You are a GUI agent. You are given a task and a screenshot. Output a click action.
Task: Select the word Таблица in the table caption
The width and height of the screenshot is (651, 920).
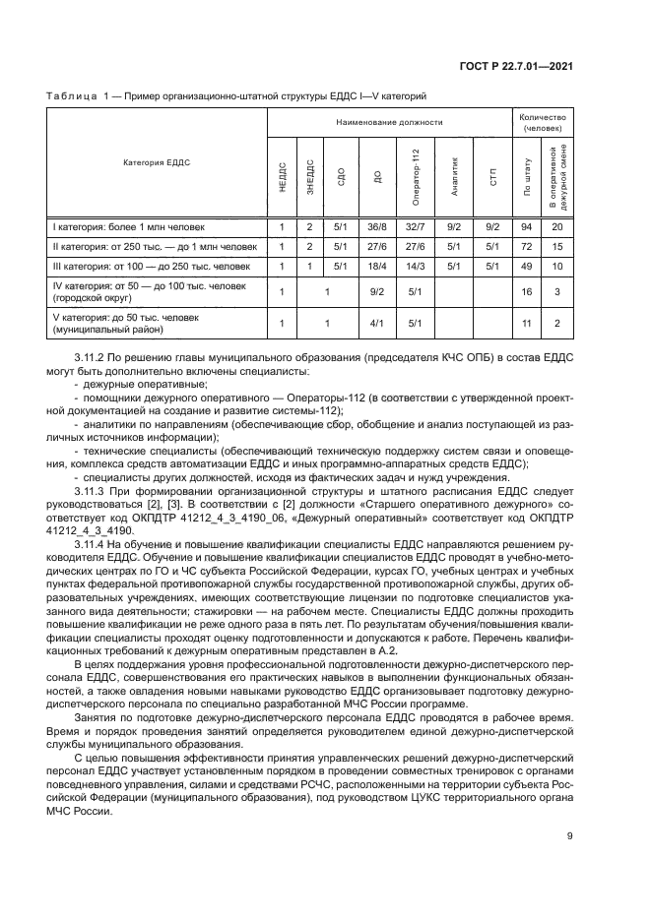tap(68, 96)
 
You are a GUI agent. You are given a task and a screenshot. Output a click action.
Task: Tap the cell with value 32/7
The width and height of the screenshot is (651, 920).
tap(415, 227)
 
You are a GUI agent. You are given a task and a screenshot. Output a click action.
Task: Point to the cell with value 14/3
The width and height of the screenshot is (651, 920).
tap(415, 266)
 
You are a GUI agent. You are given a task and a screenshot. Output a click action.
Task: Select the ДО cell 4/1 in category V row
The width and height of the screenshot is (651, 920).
tap(375, 323)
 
